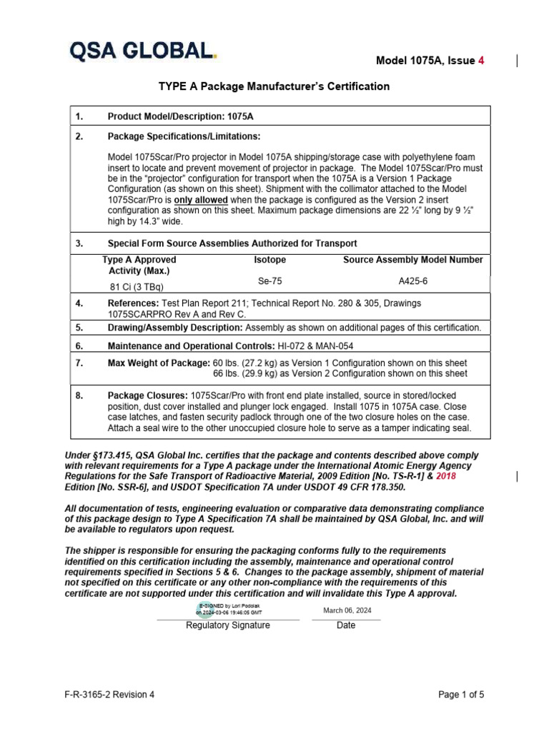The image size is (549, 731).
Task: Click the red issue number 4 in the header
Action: [x=481, y=61]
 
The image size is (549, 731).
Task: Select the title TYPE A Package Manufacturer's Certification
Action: [x=274, y=86]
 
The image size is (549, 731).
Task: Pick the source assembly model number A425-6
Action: [x=412, y=281]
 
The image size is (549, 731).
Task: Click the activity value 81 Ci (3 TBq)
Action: [x=135, y=288]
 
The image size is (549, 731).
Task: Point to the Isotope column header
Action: [x=269, y=261]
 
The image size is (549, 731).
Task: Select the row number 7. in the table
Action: [x=80, y=363]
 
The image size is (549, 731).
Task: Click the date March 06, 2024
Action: [x=347, y=610]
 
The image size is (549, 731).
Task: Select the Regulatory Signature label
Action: [x=228, y=625]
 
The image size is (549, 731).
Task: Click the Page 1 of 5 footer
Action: [x=460, y=695]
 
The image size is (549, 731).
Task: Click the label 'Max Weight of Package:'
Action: [x=159, y=363]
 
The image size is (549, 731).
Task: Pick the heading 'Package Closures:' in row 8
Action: [x=148, y=395]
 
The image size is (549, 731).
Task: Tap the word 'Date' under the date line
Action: [x=346, y=625]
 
